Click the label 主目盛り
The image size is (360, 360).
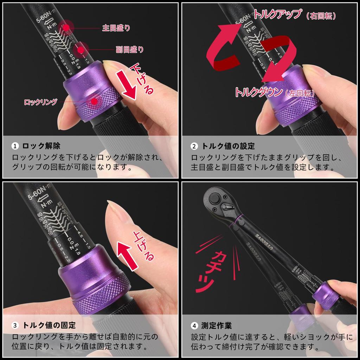pos(116,28)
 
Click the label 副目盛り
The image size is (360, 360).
pos(130,50)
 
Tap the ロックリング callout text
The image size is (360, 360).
pos(40,102)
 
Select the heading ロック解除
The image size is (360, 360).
pos(44,146)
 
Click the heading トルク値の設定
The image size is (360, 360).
pos(228,146)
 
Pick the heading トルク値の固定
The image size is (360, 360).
pos(49,325)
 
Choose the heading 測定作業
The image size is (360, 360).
pos(217,326)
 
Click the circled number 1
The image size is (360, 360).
pos(15,146)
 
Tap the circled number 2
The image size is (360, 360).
pos(194,146)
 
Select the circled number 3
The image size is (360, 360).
pos(15,326)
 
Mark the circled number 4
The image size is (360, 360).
pos(194,326)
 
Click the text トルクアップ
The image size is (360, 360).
pos(278,14)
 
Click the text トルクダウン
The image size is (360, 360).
pos(258,92)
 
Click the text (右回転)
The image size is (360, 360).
pos(321,16)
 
